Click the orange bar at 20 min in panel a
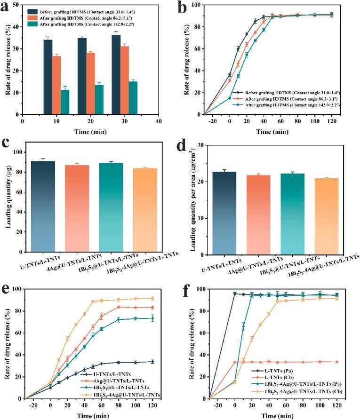(90, 83)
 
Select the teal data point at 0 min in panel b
(230, 98)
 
